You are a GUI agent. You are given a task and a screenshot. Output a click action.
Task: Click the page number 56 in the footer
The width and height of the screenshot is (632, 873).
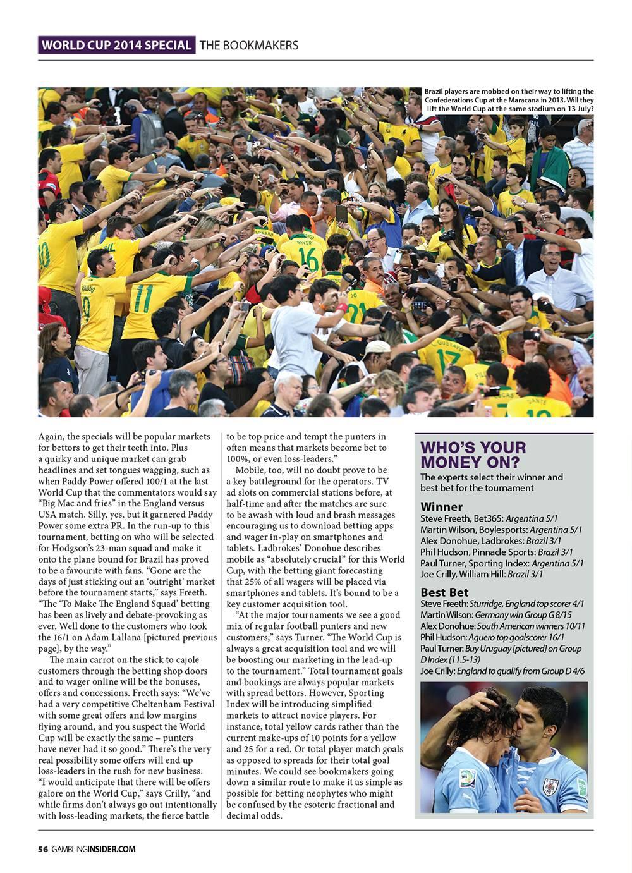click(x=43, y=849)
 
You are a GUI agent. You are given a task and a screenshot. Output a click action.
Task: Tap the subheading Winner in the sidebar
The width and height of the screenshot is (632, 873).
click(x=441, y=506)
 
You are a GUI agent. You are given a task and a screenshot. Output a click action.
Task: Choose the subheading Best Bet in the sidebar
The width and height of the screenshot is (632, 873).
click(x=444, y=592)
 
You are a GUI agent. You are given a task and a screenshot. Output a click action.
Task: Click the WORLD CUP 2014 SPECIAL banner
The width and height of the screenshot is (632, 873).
click(x=116, y=46)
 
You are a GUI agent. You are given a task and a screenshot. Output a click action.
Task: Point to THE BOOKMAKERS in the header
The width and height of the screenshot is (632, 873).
click(x=249, y=46)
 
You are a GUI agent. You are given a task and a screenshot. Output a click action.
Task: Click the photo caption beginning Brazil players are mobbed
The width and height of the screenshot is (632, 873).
click(x=509, y=100)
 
